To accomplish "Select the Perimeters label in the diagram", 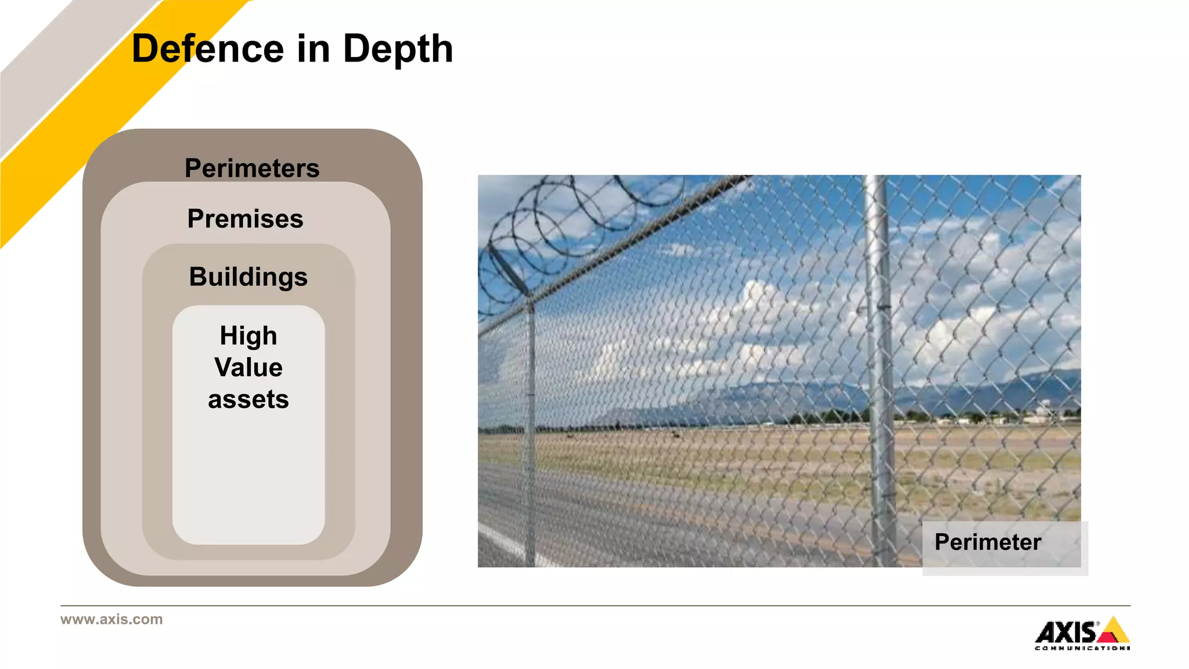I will tap(252, 168).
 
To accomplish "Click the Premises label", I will tap(245, 219).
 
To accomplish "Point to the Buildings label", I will tap(248, 277).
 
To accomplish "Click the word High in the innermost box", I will tap(248, 336).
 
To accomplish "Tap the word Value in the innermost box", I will tap(248, 368).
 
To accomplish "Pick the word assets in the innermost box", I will tap(248, 400).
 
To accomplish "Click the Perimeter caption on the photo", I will tap(988, 542).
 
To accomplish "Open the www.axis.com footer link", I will tap(111, 620).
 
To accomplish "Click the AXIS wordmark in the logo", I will tap(1066, 632).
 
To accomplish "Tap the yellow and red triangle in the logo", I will tap(1114, 631).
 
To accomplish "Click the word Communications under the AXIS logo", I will tap(1082, 648).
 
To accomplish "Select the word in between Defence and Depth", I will tap(314, 49).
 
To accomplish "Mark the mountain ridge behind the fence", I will tap(987, 386).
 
